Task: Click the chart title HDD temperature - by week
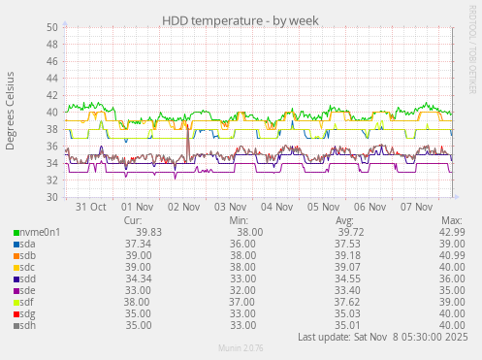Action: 240,19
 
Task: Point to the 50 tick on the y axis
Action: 51,27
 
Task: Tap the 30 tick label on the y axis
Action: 51,197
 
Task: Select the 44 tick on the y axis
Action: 51,79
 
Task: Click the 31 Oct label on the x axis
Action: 90,207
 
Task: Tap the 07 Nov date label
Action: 416,207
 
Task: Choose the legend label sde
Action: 27,290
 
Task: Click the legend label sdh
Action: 27,325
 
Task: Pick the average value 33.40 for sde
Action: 347,290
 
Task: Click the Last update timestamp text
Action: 383,337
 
